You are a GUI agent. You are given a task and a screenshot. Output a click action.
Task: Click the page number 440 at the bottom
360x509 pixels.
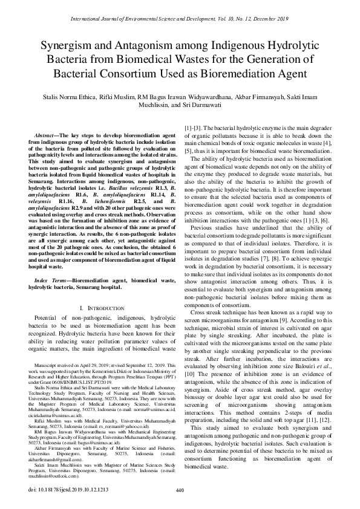pyautogui.click(x=179, y=490)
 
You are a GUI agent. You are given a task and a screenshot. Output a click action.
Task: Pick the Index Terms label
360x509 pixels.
pyautogui.click(x=51, y=282)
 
